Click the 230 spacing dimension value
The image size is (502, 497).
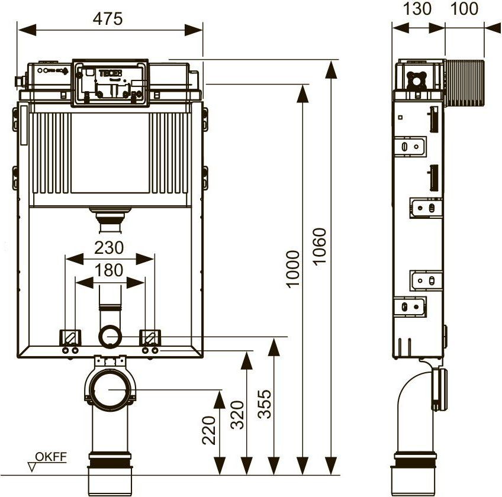point(109,247)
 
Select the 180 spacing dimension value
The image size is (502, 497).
point(109,270)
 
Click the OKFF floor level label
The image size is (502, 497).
point(52,456)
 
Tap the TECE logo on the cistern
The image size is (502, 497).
point(110,75)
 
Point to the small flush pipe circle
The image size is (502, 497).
point(110,337)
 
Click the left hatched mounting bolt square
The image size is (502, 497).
point(69,338)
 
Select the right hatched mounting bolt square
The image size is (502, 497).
point(149,338)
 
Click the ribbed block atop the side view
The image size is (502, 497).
point(465,82)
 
